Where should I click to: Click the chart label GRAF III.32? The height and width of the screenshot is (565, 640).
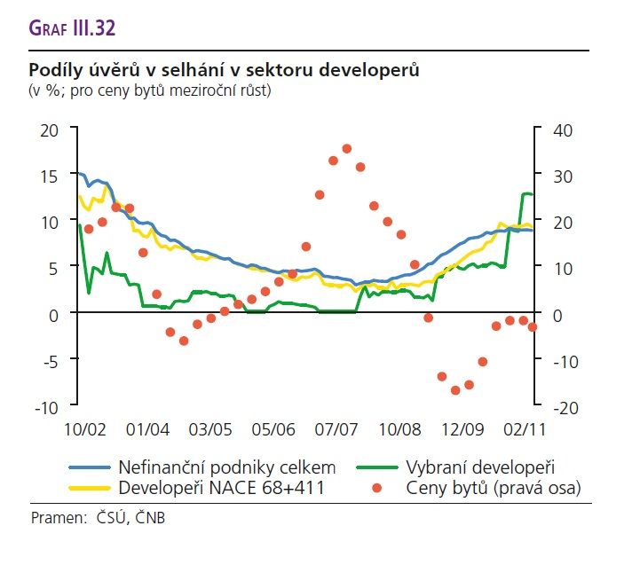click(x=72, y=27)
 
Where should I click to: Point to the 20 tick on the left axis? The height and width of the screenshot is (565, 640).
click(x=48, y=129)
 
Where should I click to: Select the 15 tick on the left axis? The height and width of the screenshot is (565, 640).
click(x=48, y=176)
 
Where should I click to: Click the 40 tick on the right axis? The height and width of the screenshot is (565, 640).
click(x=563, y=129)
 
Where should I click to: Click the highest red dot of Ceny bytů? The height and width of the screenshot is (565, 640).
click(x=347, y=149)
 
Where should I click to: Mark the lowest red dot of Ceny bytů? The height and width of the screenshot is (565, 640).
click(x=455, y=390)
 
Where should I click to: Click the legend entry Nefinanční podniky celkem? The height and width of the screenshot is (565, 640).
click(x=226, y=467)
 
